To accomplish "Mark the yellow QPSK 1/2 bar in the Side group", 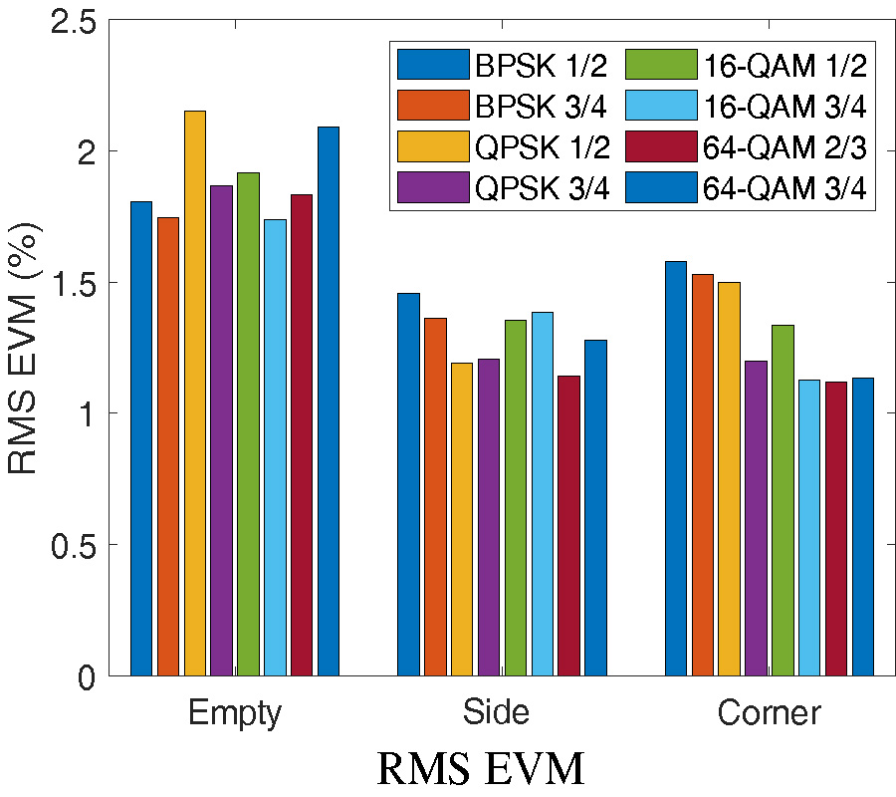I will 462,518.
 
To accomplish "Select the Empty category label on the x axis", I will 235,713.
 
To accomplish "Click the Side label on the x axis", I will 496,713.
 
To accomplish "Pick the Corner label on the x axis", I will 770,713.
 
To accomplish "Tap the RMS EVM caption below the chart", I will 480,769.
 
